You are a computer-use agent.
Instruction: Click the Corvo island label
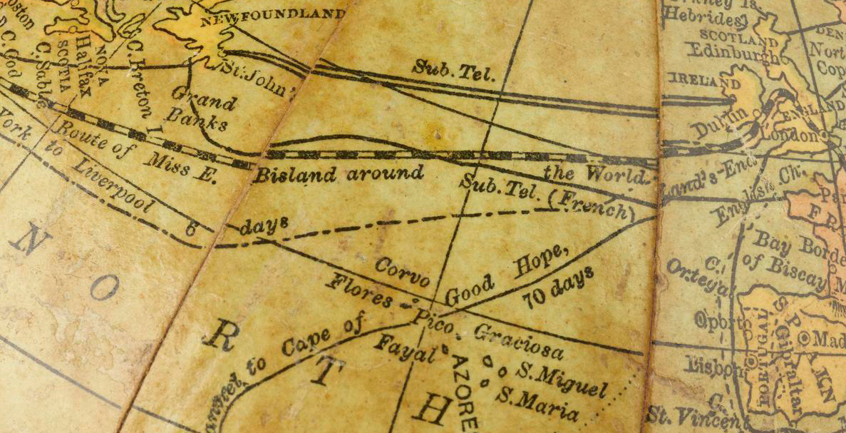[402, 273]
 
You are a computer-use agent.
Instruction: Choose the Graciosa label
[518, 342]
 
